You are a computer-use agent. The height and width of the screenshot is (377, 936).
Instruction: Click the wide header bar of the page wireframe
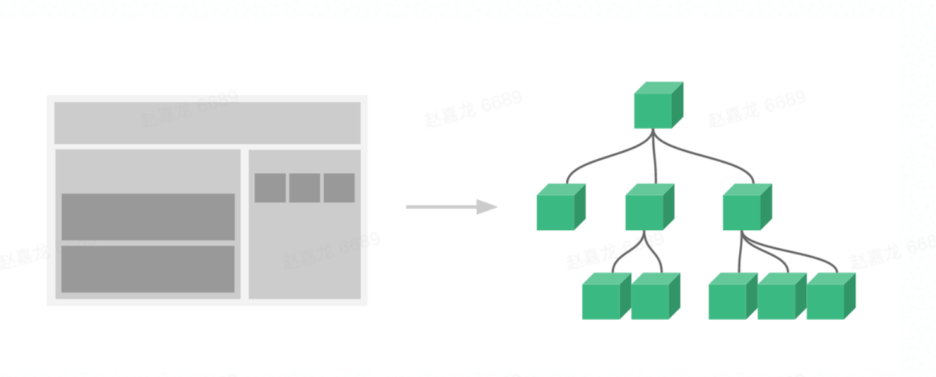[207, 123]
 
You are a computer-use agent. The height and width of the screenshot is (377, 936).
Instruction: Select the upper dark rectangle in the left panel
[148, 217]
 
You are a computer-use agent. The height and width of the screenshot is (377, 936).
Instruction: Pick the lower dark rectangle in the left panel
[148, 269]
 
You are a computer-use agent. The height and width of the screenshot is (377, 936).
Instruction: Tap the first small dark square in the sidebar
[270, 188]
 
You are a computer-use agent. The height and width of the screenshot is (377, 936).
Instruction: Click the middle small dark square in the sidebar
[305, 188]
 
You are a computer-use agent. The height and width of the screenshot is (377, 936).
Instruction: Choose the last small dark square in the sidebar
[339, 188]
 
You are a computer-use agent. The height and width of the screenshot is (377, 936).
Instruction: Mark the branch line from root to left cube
[596, 158]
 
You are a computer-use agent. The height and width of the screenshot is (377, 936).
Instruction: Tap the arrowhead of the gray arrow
[486, 207]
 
